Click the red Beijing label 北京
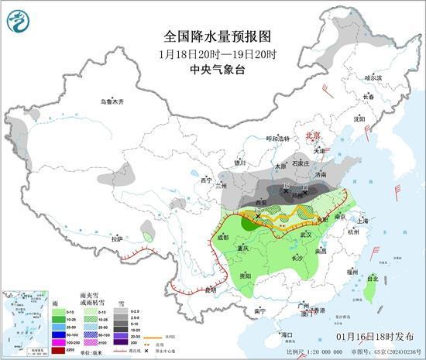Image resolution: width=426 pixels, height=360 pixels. pos(313,133)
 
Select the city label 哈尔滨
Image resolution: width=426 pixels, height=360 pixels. pos(373,77)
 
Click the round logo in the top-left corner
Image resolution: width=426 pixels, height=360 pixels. pos(18,19)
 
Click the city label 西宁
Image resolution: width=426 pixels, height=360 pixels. pos(205,180)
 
